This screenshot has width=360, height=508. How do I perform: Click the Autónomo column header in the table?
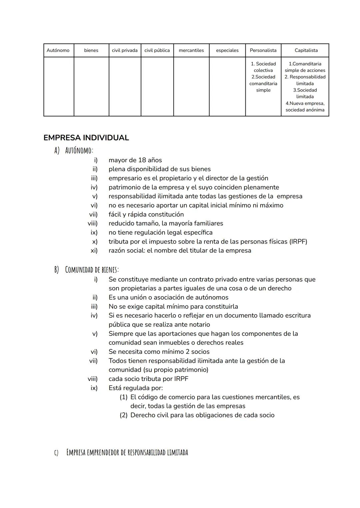(58, 50)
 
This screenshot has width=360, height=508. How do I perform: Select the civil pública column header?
(157, 50)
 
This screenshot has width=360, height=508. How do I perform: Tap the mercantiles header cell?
(191, 50)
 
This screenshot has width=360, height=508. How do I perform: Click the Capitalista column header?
(306, 50)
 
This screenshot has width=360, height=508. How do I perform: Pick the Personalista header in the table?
(263, 50)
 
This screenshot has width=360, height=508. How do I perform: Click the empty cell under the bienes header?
(91, 87)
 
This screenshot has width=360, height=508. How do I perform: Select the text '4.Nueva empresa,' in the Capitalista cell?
(305, 103)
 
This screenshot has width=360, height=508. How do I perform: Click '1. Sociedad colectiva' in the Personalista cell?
(263, 67)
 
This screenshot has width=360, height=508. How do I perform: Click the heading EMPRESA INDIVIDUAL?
(86, 138)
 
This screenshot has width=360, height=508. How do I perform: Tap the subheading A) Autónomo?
(74, 151)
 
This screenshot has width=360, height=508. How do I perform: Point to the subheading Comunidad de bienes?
(92, 269)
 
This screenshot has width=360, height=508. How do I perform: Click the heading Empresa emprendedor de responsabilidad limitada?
(127, 452)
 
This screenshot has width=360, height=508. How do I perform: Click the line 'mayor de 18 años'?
(135, 160)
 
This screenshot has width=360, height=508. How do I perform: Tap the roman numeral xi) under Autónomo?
(94, 251)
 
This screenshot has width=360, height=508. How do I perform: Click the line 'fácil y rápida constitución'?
(146, 214)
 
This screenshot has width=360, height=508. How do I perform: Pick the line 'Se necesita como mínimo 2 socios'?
(159, 351)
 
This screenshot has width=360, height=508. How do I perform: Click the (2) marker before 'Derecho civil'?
(123, 415)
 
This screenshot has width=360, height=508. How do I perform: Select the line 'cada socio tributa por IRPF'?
(148, 379)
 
